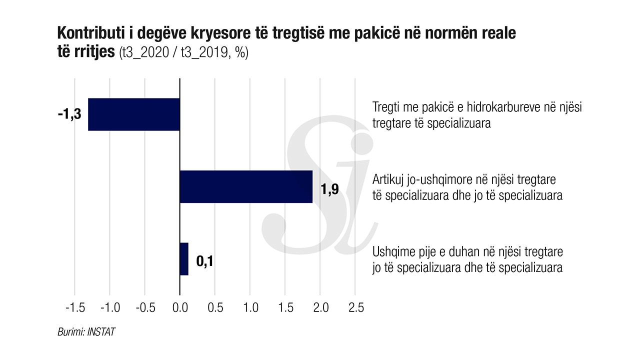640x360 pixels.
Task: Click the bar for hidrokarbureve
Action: tap(133, 114)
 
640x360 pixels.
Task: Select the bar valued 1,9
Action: tap(245, 186)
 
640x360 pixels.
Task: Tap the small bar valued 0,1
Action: tap(184, 258)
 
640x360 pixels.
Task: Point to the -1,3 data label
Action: tap(69, 114)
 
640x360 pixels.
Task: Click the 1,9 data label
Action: tap(330, 189)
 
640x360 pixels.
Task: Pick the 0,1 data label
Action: tap(204, 261)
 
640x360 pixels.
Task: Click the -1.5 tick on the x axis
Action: tap(74, 308)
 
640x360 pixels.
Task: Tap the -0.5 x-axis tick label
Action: tap(144, 308)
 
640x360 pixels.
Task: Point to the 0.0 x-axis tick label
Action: tap(179, 308)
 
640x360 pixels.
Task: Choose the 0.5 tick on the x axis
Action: tap(215, 308)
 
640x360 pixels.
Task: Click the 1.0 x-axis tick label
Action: tap(250, 308)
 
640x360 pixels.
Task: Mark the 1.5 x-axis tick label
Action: tap(285, 308)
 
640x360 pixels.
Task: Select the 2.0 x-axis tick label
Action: tap(320, 308)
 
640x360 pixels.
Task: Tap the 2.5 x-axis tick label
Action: tap(355, 308)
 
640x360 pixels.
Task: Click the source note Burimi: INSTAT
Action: tap(86, 331)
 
